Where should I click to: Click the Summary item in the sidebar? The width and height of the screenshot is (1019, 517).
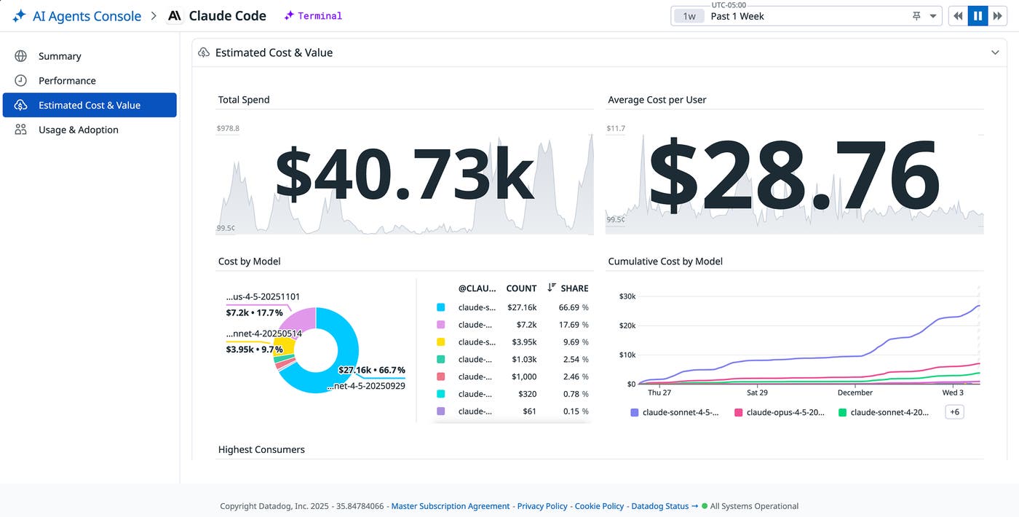(60, 56)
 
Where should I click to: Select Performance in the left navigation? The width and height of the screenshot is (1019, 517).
(67, 81)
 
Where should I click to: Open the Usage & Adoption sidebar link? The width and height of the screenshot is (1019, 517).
(78, 130)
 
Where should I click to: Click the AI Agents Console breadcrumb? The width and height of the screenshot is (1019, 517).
(87, 16)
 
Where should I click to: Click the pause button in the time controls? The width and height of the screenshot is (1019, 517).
(978, 16)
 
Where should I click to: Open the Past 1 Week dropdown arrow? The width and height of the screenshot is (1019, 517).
(932, 16)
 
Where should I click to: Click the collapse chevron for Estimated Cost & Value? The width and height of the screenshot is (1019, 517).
(995, 52)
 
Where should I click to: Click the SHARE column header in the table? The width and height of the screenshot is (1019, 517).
(574, 288)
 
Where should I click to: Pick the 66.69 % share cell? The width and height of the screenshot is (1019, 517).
(573, 308)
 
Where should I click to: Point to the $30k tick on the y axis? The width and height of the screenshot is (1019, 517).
(627, 296)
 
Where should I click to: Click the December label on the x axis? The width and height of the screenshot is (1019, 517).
(855, 392)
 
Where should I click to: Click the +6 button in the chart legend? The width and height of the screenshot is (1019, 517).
(953, 412)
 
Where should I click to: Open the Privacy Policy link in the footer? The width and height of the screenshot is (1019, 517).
(542, 506)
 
